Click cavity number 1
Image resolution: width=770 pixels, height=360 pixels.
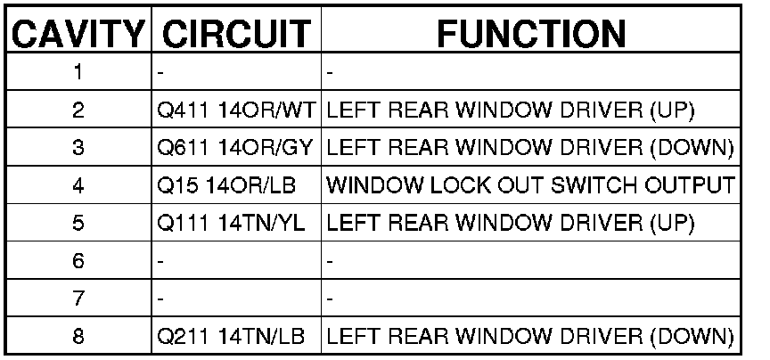(x=78, y=74)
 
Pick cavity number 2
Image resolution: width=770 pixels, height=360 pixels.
(x=78, y=111)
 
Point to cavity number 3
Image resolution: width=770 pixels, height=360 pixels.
(x=78, y=149)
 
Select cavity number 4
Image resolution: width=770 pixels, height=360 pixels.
(x=78, y=186)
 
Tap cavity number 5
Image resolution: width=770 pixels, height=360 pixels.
(x=78, y=225)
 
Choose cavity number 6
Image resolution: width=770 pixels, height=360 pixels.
(x=78, y=262)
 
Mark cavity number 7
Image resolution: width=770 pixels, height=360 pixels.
(x=78, y=299)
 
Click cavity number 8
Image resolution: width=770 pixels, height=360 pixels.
(x=78, y=338)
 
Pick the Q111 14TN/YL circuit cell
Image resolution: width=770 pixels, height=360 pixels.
(x=229, y=225)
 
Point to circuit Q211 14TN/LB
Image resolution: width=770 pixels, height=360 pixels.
(x=229, y=338)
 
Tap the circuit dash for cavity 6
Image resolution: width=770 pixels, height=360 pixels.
(x=159, y=262)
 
